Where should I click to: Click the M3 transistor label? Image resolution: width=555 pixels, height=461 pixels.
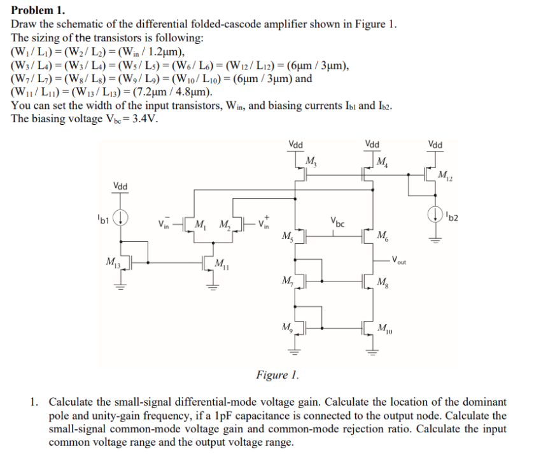[x=312, y=160]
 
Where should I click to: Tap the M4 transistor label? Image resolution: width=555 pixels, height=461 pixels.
[x=383, y=160]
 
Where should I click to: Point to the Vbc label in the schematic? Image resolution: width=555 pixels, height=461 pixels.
[x=338, y=224]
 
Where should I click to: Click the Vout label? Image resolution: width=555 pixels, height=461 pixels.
[x=400, y=259]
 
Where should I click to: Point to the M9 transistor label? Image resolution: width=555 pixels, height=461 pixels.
[x=287, y=329]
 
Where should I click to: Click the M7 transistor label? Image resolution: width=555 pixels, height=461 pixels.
[x=287, y=281]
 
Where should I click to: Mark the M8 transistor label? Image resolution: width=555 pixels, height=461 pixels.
[x=383, y=282]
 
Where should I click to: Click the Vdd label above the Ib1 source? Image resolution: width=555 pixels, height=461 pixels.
[x=120, y=187]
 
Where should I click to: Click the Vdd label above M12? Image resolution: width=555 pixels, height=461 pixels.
[x=436, y=144]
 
